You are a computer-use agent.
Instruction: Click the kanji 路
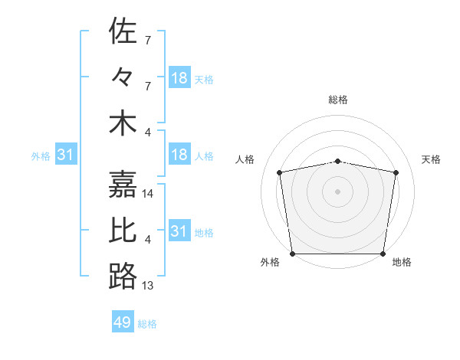tap(123, 277)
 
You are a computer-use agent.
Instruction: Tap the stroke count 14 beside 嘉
tap(149, 194)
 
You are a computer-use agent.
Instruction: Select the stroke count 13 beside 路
tap(149, 286)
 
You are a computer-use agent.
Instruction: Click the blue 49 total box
tap(123, 322)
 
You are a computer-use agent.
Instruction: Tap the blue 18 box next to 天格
tap(179, 77)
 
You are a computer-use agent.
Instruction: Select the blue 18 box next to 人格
tap(179, 155)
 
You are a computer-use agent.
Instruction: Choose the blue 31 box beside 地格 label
tap(179, 231)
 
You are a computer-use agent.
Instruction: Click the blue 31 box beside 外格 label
tap(66, 155)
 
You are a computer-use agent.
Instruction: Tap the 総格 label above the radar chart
tap(338, 100)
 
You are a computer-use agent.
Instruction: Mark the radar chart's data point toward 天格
tap(396, 173)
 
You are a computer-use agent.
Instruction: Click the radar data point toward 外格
tap(293, 254)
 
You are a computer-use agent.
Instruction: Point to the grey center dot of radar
tap(338, 191)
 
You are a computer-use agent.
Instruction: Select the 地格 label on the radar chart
tap(402, 262)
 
